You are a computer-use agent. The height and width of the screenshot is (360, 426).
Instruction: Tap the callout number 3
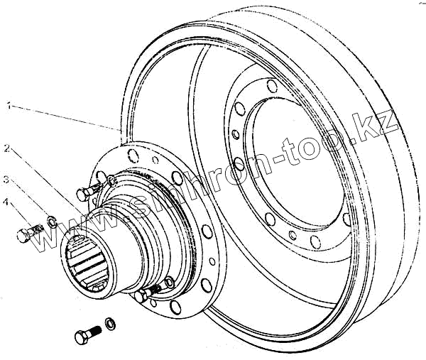(7, 178)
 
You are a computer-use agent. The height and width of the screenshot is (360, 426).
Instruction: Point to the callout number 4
(7, 204)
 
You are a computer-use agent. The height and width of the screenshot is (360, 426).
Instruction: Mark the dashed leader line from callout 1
(64, 116)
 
